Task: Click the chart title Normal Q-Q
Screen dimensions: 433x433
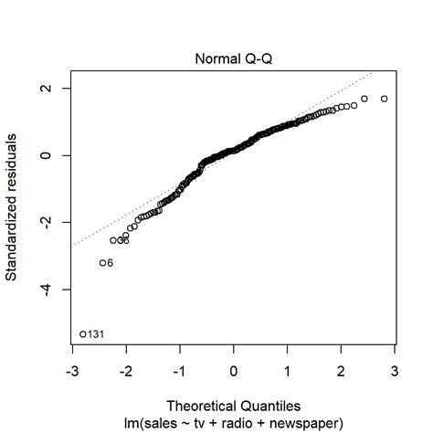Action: pos(233,58)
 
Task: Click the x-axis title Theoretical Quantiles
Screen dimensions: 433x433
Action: pos(233,404)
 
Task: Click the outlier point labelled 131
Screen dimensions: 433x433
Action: pos(82,334)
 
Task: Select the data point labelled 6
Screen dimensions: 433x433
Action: pos(102,263)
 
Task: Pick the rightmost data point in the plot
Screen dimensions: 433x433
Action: pos(385,99)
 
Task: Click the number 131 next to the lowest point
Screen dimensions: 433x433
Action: pos(96,334)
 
